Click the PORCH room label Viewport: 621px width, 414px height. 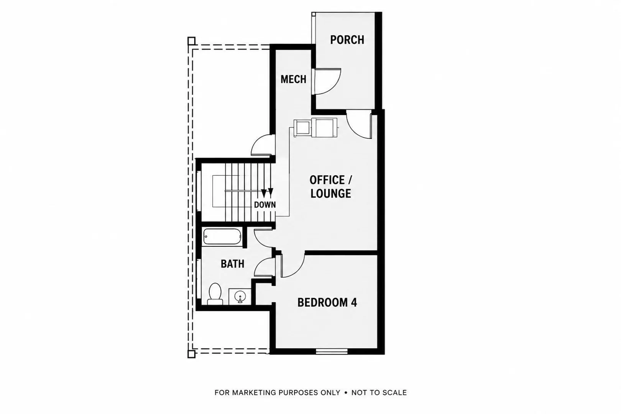coord(347,40)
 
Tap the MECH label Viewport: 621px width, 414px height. coord(293,80)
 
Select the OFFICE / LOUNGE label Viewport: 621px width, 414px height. coord(331,187)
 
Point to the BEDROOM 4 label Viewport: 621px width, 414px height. coord(327,302)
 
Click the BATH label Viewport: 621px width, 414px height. coord(232,264)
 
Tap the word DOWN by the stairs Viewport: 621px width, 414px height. coord(265,205)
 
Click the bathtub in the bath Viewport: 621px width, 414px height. coord(222,236)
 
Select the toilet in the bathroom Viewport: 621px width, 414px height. coord(215,294)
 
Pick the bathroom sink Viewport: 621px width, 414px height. coord(240,297)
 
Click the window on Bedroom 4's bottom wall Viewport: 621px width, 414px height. coord(332,352)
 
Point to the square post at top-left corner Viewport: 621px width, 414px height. coord(191,41)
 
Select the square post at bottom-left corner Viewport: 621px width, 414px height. coord(191,354)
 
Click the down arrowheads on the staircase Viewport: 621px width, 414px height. coord(267,193)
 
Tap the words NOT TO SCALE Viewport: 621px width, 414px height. coord(379,393)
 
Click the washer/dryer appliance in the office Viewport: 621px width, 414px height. coord(315,128)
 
